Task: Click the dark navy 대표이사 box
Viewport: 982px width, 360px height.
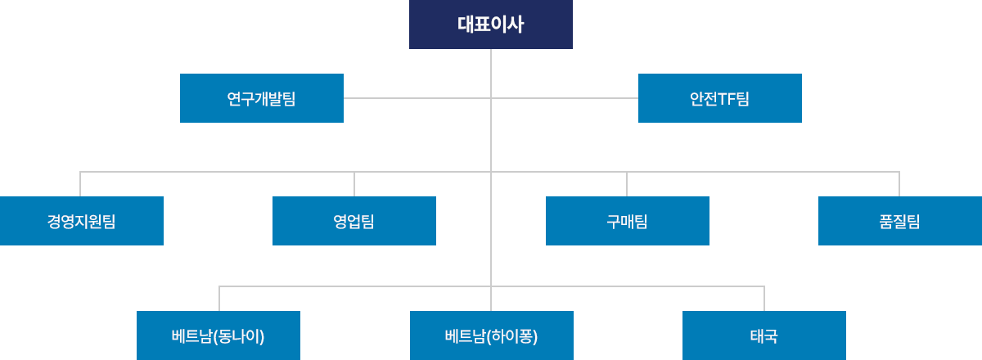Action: pyautogui.click(x=491, y=25)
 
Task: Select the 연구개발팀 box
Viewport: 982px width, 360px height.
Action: pyautogui.click(x=262, y=98)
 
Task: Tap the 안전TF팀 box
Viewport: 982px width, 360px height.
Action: pyautogui.click(x=720, y=98)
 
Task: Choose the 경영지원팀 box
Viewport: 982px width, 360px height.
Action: pyautogui.click(x=82, y=221)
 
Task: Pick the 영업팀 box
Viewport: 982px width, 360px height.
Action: pyautogui.click(x=354, y=221)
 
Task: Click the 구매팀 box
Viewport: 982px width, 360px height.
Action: pyautogui.click(x=628, y=221)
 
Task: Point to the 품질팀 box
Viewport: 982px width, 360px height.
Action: pyautogui.click(x=900, y=221)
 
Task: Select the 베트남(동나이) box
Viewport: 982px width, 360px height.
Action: pyautogui.click(x=218, y=335)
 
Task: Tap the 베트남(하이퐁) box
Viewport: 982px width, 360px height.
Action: pyautogui.click(x=492, y=335)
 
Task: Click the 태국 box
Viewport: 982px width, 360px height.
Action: pyautogui.click(x=764, y=335)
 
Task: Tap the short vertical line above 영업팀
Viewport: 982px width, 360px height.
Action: pyautogui.click(x=354, y=184)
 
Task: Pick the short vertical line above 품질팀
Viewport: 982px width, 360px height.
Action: pyautogui.click(x=899, y=184)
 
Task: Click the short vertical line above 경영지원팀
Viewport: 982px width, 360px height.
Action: pyautogui.click(x=80, y=184)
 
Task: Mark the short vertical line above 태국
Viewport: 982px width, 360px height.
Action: pyautogui.click(x=764, y=299)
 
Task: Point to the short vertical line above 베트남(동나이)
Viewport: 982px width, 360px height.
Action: pyautogui.click(x=219, y=299)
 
